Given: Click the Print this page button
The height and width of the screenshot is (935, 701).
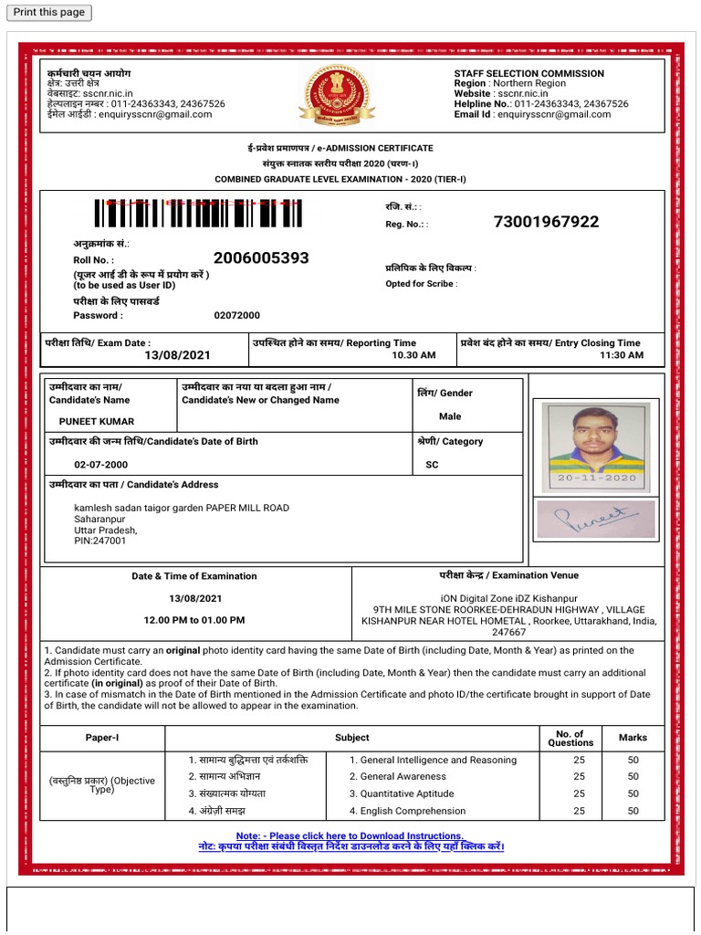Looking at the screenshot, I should [x=48, y=12].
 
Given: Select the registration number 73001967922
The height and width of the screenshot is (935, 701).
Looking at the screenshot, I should [x=546, y=222].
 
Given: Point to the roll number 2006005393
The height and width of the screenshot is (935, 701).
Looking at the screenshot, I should [x=261, y=258].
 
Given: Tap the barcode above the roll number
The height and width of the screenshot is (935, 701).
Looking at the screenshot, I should [x=197, y=213].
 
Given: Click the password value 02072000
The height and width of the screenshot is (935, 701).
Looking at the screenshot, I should [x=236, y=315].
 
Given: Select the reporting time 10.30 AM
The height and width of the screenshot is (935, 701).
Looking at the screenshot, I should [x=413, y=355].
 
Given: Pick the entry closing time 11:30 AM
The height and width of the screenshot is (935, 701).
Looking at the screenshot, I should [x=621, y=355].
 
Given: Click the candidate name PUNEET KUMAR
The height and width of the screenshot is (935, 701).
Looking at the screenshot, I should [x=97, y=422].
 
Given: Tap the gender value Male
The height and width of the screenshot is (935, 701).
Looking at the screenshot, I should [x=450, y=416].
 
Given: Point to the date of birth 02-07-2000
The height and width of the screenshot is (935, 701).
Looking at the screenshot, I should [x=101, y=465].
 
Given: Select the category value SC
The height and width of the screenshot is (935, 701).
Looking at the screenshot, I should [x=432, y=465].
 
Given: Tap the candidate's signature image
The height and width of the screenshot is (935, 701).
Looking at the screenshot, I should [x=595, y=520].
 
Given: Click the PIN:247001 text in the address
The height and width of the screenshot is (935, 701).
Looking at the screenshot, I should [x=100, y=541].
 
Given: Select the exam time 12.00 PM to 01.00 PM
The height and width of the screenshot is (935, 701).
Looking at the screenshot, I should [x=195, y=620].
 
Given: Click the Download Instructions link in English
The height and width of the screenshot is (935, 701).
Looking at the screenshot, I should [x=350, y=836].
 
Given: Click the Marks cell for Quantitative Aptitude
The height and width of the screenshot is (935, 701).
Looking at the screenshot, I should [x=633, y=793].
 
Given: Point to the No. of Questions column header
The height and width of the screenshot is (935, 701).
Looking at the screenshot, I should [x=570, y=738].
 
